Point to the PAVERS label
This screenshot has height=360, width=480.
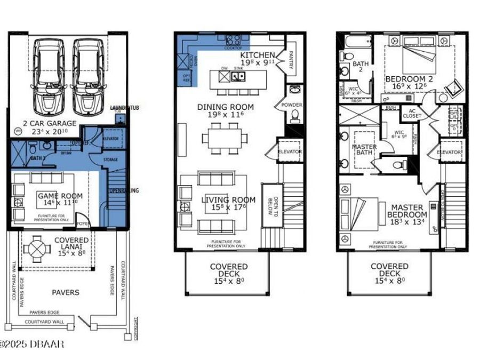[66, 292]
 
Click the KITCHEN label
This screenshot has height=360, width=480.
[257, 55]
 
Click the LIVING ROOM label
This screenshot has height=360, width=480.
[228, 200]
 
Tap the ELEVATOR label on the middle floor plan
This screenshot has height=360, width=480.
[290, 151]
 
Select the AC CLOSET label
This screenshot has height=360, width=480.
[412, 113]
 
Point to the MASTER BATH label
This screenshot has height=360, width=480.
[365, 150]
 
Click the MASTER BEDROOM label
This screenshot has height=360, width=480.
[407, 211]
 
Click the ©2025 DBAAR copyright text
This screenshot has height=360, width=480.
[32, 345]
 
